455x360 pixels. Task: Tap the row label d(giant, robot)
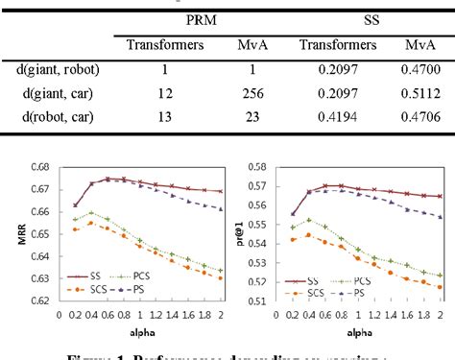tap(58, 68)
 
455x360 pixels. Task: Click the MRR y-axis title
tap(12, 235)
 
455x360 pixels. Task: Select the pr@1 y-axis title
tap(238, 235)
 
